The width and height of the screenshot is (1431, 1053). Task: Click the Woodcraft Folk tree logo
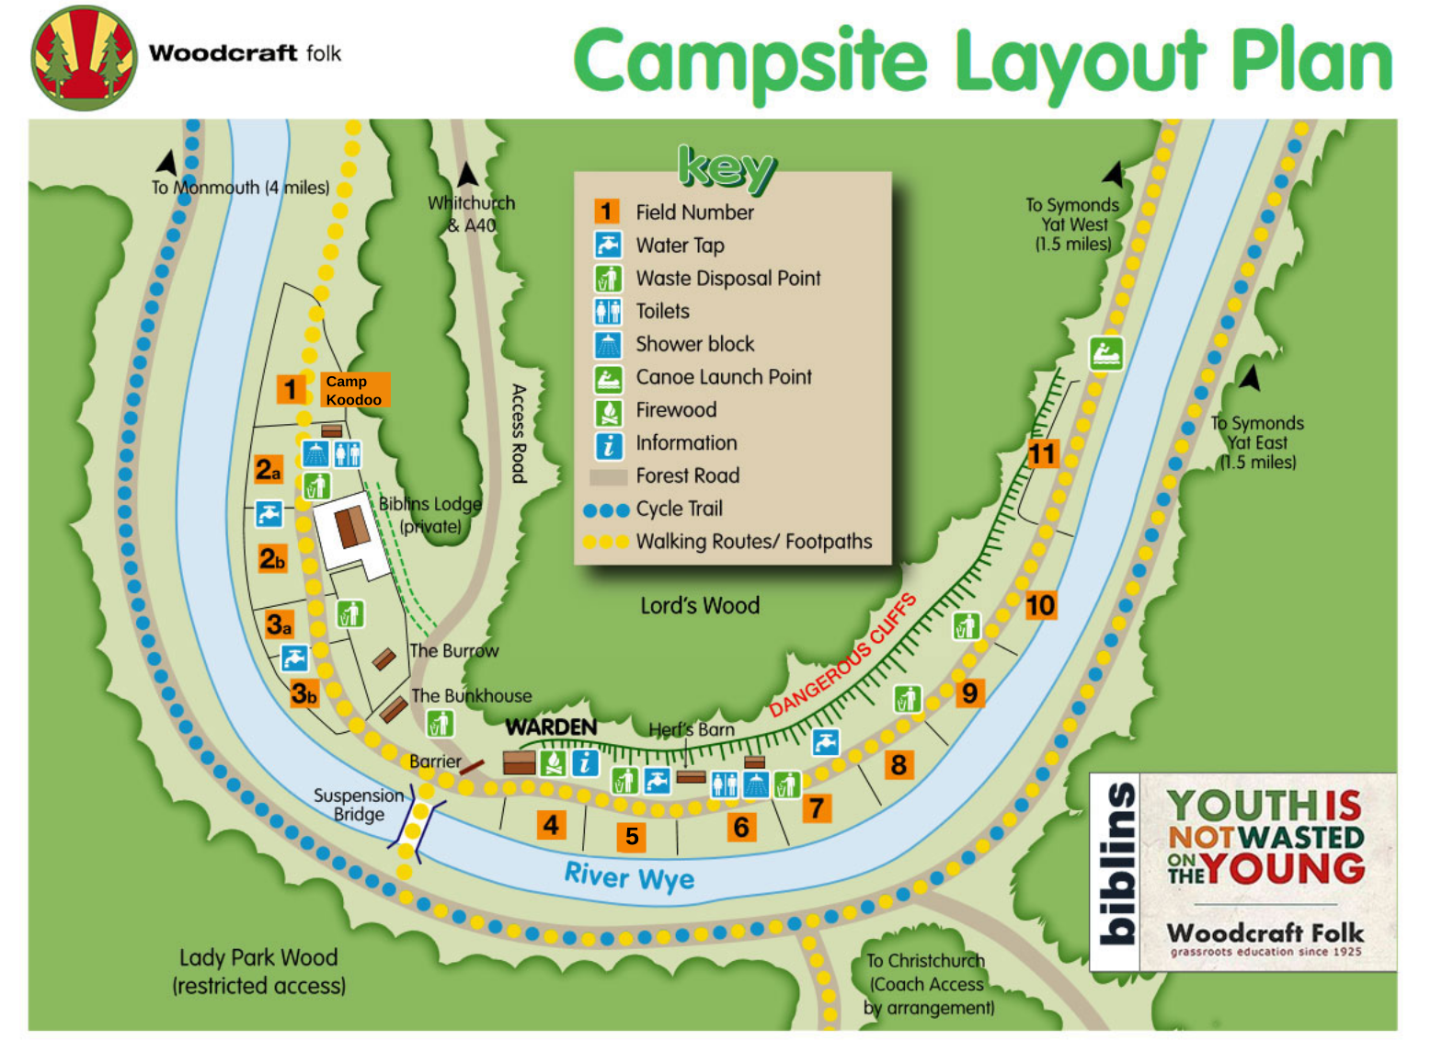pyautogui.click(x=84, y=58)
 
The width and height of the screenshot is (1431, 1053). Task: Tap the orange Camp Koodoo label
pyautogui.click(x=355, y=390)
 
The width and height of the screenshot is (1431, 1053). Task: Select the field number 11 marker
pyautogui.click(x=1042, y=453)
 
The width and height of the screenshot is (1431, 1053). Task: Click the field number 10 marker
pyautogui.click(x=1040, y=605)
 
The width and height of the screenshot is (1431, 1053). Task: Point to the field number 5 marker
pyautogui.click(x=632, y=836)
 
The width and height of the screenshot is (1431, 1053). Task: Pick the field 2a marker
pyautogui.click(x=269, y=470)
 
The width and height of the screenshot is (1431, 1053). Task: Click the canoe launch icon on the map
pyautogui.click(x=1105, y=353)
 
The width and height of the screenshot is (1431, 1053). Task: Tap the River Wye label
pyautogui.click(x=629, y=876)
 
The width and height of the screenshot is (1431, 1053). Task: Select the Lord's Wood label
pyautogui.click(x=700, y=605)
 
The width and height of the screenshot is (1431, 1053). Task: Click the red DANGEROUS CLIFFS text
pyautogui.click(x=842, y=656)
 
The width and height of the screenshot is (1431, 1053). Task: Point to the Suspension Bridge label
pyautogui.click(x=359, y=805)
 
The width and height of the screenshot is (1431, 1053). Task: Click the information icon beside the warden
pyautogui.click(x=585, y=762)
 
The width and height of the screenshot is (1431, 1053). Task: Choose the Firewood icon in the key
pyautogui.click(x=608, y=411)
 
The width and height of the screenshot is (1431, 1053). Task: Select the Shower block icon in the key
pyautogui.click(x=608, y=345)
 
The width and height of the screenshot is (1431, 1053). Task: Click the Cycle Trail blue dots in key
pyautogui.click(x=606, y=509)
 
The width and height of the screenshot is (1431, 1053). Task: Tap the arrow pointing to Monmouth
pyautogui.click(x=167, y=163)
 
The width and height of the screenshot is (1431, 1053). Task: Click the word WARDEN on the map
pyautogui.click(x=551, y=727)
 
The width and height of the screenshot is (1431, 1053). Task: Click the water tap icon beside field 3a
pyautogui.click(x=294, y=658)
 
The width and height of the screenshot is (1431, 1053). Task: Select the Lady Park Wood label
pyautogui.click(x=258, y=971)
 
